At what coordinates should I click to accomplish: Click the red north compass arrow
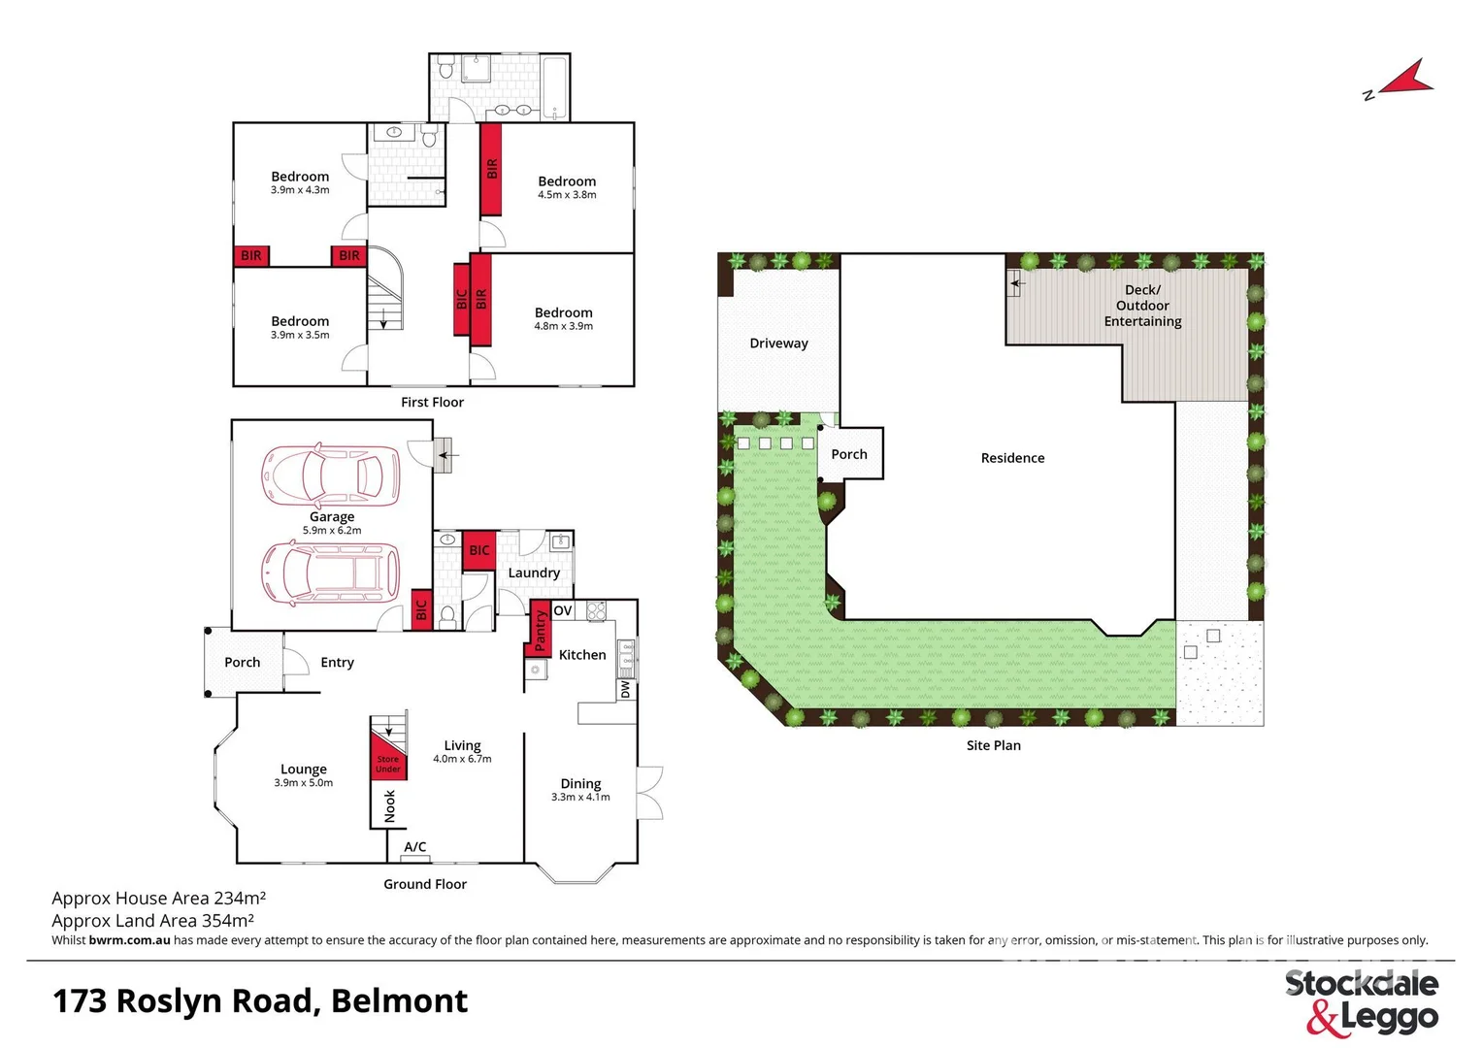click(x=1407, y=81)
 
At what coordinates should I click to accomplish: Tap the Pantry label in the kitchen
click(x=541, y=631)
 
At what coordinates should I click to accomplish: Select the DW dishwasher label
click(x=625, y=689)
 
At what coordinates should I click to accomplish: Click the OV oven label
click(x=563, y=610)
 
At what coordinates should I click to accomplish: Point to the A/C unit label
click(x=415, y=847)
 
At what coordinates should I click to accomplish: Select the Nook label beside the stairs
click(x=390, y=805)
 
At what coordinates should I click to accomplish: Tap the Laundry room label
click(x=534, y=573)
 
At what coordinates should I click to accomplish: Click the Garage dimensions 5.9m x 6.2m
click(x=332, y=531)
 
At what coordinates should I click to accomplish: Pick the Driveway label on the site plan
click(x=778, y=344)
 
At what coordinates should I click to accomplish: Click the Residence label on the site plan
click(x=1012, y=458)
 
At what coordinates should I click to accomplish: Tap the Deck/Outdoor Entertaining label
click(x=1142, y=306)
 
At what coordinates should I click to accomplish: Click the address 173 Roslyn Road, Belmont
click(x=260, y=1000)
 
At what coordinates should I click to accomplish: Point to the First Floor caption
click(x=432, y=402)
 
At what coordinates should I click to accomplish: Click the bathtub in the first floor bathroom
click(x=554, y=88)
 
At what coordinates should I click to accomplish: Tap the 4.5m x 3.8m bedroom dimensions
click(x=567, y=195)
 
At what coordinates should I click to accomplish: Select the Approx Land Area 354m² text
click(x=153, y=920)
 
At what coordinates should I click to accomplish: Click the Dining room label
click(x=580, y=783)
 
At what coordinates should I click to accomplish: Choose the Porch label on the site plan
click(x=849, y=454)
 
